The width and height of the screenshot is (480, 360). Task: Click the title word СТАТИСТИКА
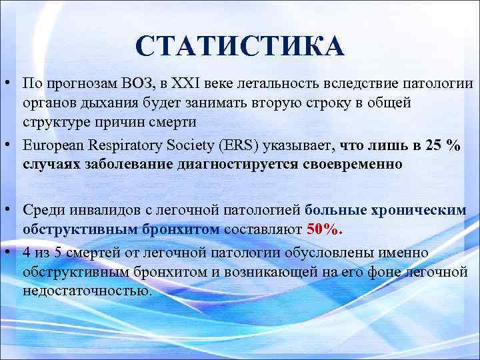click(x=239, y=46)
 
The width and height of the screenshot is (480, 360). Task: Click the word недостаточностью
click(x=86, y=291)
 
